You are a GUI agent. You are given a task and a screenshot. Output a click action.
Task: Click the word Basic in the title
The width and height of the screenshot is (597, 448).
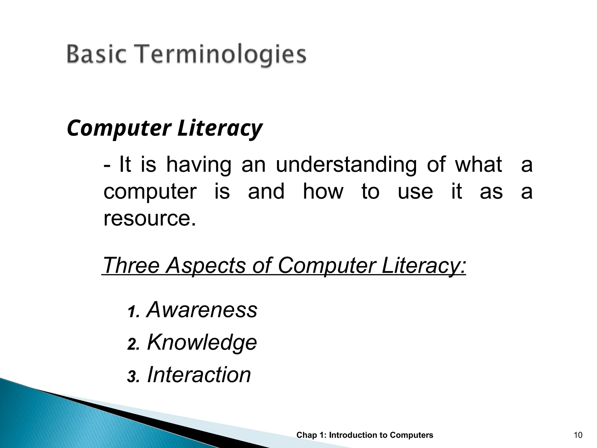click(x=96, y=55)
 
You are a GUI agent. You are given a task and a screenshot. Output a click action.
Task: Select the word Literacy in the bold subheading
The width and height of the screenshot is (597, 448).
click(x=220, y=129)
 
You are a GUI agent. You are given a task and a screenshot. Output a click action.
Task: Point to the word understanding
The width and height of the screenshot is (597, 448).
click(x=346, y=165)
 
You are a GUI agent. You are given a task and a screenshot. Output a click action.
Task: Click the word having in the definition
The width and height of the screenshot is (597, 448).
click(x=199, y=165)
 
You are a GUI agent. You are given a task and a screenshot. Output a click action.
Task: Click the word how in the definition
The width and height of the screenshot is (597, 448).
click(x=323, y=192)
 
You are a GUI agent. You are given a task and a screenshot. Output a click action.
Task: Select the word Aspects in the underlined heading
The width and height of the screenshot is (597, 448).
click(x=206, y=265)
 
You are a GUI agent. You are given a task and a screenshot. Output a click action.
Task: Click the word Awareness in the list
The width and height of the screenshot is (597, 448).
click(x=202, y=309)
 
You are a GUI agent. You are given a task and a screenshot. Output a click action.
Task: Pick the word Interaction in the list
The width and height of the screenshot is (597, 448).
click(x=199, y=375)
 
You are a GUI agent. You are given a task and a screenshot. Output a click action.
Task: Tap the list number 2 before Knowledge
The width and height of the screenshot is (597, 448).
click(x=132, y=345)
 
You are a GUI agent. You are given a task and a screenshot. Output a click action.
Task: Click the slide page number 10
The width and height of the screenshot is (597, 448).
click(x=578, y=435)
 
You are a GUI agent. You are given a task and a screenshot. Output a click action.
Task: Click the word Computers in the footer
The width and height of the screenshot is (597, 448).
click(x=411, y=435)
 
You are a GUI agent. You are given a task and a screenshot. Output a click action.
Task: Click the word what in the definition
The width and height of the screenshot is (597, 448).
click(x=478, y=165)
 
